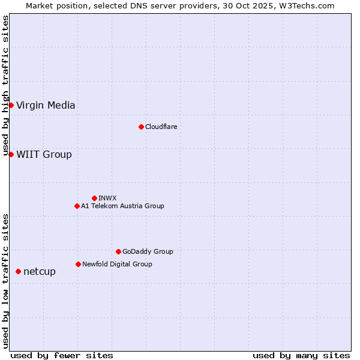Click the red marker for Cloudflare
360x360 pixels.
pos(141,127)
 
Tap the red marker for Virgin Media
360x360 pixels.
pos(11,106)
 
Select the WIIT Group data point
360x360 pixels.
pos(11,154)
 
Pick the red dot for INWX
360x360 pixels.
pos(94,198)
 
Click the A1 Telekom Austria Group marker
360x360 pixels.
pos(77,206)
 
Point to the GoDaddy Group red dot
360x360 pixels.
pos(118,251)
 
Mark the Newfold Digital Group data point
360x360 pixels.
pos(78,264)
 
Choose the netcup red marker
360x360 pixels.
pos(18,271)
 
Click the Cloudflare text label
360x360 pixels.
pos(161,127)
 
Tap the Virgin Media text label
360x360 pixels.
pos(46,106)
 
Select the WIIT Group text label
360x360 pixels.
pos(44,155)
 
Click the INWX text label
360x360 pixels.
pos(107,198)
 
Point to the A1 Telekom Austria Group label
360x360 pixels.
pos(122,206)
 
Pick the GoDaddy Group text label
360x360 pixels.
pos(148,251)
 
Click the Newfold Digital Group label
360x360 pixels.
pos(117,264)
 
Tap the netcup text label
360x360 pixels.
pos(40,272)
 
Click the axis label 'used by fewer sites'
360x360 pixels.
pos(62,355)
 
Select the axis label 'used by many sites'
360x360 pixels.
pos(301,355)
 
